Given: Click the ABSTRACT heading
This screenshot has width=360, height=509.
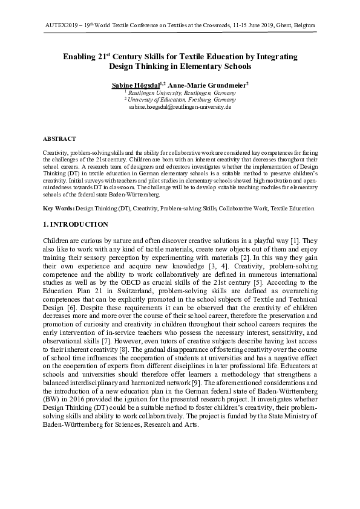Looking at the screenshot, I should click(x=59, y=138).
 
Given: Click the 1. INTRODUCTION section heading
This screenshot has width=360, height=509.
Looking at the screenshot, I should click(x=76, y=224).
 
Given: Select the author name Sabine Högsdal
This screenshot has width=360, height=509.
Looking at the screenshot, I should click(x=134, y=86).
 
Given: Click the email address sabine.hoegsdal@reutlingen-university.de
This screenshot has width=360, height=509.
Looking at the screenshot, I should click(x=180, y=106).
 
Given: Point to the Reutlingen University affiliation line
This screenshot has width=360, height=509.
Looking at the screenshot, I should click(x=180, y=93).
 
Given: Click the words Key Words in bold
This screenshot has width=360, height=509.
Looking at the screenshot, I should click(x=59, y=209).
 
